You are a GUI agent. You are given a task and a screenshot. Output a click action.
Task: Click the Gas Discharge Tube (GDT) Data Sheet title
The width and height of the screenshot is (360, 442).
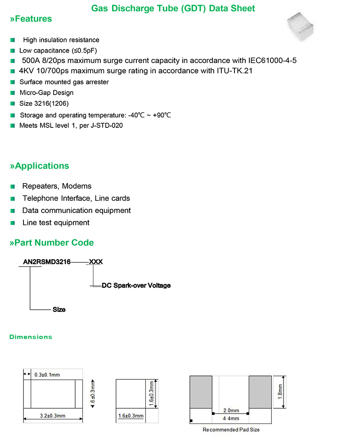tap(173, 9)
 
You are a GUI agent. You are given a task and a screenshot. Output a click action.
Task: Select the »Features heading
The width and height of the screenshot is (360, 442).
tap(31, 19)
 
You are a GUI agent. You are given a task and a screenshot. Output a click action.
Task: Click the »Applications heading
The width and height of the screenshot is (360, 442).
tap(40, 166)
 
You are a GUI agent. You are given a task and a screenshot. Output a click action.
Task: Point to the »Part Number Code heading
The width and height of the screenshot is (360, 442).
tap(52, 243)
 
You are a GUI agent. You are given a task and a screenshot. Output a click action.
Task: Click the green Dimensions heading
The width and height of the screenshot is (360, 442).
tap(31, 337)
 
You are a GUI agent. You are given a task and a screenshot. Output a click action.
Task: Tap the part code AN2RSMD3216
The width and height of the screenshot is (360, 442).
tap(47, 262)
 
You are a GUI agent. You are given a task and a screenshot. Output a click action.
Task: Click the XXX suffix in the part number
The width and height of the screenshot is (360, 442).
tap(96, 262)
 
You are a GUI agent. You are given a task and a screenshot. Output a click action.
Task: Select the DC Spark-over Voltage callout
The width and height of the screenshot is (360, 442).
tap(136, 286)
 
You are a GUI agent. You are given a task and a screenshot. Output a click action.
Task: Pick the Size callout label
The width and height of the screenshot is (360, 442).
tap(59, 310)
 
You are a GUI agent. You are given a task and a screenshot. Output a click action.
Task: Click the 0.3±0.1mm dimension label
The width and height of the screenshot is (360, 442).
tap(47, 374)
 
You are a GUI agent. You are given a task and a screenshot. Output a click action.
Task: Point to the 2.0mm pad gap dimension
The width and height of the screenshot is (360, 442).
tap(230, 411)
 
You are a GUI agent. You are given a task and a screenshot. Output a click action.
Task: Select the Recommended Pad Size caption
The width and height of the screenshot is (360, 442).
tap(231, 430)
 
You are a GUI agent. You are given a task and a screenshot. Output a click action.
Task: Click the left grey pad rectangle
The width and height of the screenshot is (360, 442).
tap(201, 392)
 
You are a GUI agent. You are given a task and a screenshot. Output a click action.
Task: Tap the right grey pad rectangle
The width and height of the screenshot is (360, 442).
tap(261, 392)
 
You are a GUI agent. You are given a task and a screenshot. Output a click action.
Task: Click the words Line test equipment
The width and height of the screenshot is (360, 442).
tap(56, 223)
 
